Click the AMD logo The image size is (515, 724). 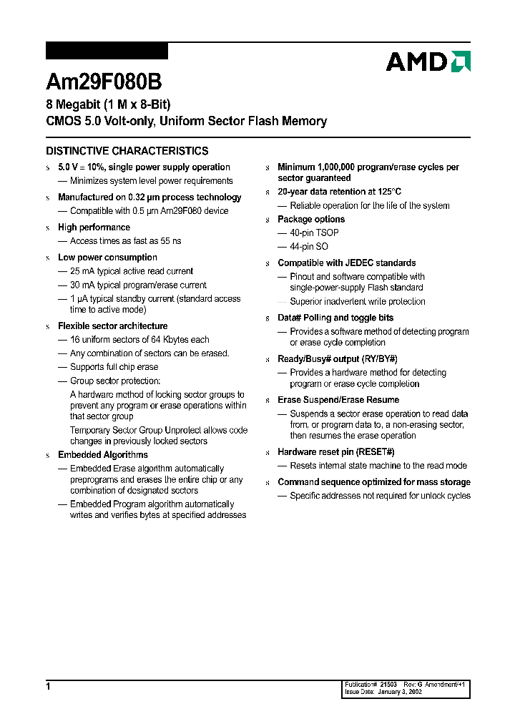pos(428,62)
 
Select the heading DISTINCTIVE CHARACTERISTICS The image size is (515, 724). pos(127,151)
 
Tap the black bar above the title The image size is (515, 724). pos(107,51)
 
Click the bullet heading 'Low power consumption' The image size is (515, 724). pos(107,258)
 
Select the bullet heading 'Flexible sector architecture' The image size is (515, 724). pos(112,326)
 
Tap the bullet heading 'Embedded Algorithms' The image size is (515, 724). pos(102,455)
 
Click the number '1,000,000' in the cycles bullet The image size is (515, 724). pos(343,167)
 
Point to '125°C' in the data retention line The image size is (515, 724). pos(387,192)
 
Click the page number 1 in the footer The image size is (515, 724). pos(49,686)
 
